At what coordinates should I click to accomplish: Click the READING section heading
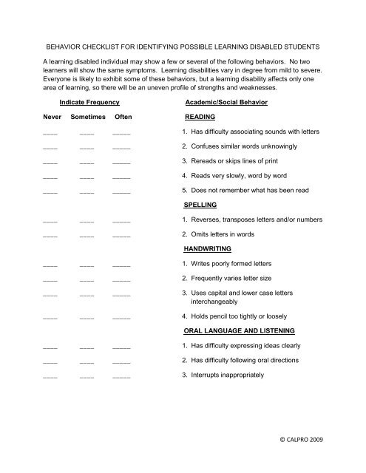coord(200,117)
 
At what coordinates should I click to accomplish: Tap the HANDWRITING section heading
coord(209,250)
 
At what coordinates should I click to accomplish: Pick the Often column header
coord(122,117)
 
